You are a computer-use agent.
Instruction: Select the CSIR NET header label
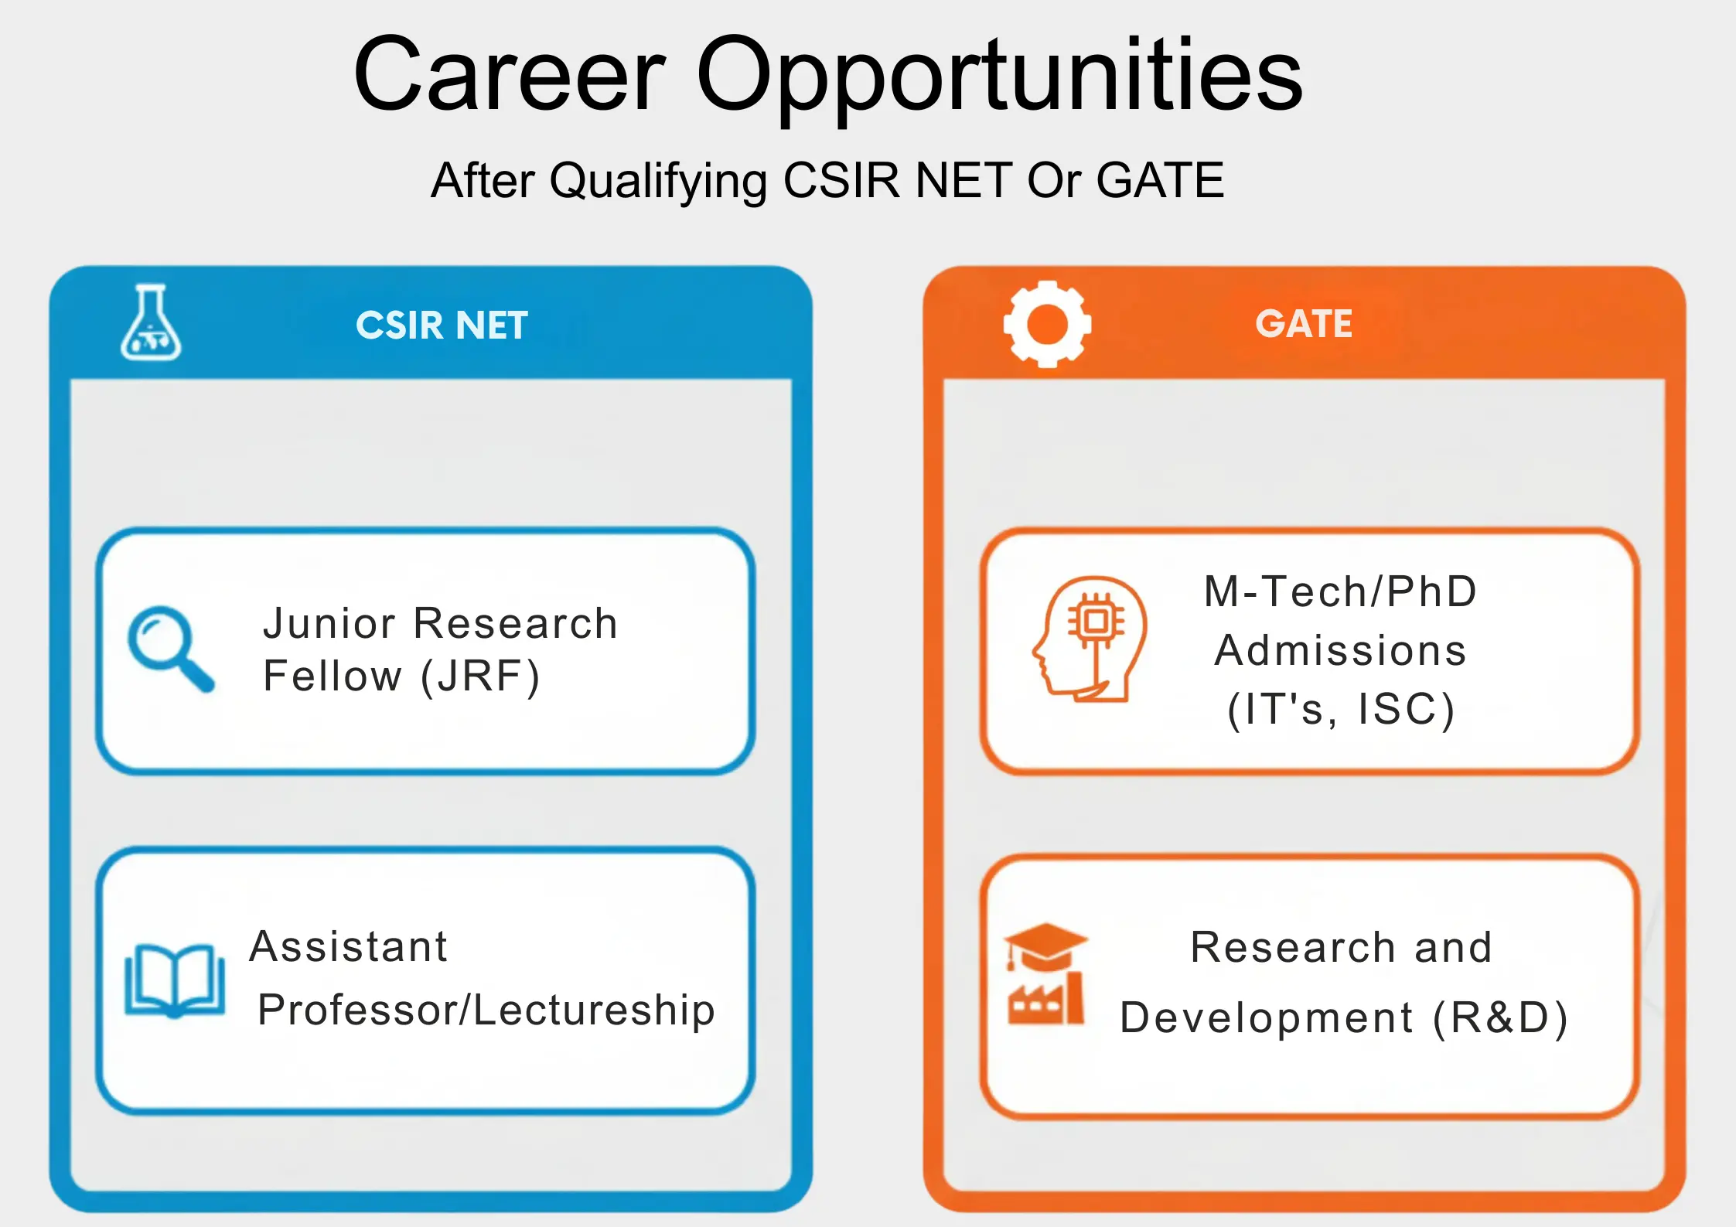[442, 325]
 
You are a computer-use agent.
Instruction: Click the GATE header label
[1304, 323]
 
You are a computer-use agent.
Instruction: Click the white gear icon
[1047, 324]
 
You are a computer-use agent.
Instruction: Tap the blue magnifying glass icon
[170, 648]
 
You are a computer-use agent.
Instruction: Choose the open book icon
[175, 980]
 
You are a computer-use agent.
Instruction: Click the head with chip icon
[1090, 639]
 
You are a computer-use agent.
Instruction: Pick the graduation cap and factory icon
[1045, 974]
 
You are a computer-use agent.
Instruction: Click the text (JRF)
[480, 677]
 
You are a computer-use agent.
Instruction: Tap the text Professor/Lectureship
[486, 1010]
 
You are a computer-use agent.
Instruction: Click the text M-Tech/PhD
[1340, 591]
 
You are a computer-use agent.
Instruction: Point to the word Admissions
[1340, 650]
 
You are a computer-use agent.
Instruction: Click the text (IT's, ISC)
[1341, 710]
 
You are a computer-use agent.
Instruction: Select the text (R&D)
[1500, 1017]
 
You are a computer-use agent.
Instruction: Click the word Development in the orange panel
[1267, 1017]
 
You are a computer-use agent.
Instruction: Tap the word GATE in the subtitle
[1160, 180]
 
